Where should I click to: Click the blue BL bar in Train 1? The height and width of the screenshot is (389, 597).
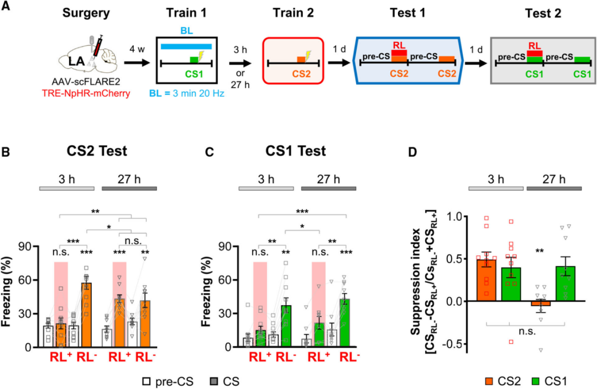[x=186, y=46]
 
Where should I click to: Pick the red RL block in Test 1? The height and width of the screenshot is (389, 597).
[x=399, y=52]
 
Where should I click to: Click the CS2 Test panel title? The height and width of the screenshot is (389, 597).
[x=98, y=151]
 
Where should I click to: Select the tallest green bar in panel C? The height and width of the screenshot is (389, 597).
[x=345, y=323]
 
